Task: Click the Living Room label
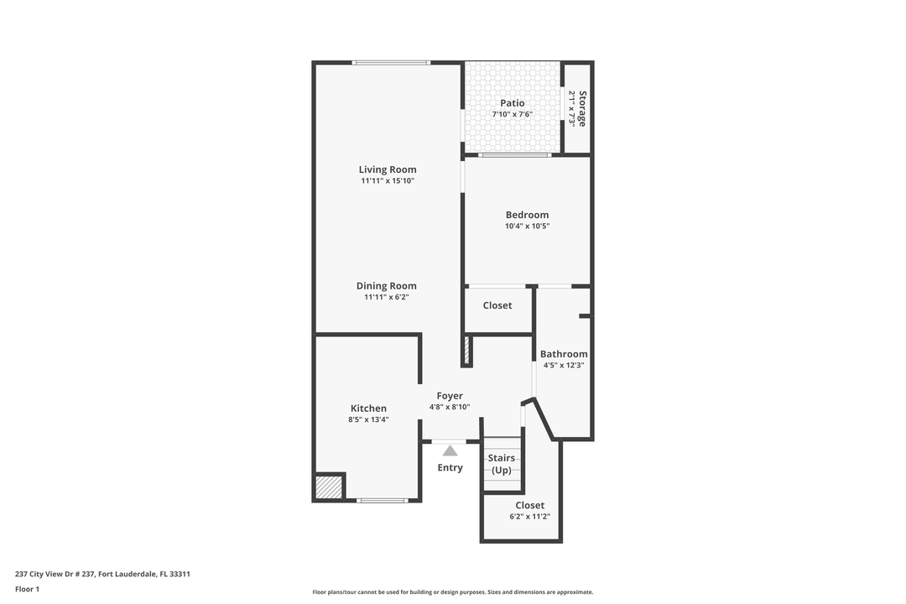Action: coord(387,169)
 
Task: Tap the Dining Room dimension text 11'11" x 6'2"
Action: coord(386,297)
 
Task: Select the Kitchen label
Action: coord(368,409)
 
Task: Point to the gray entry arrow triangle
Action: coord(450,450)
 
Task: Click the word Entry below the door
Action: coord(450,467)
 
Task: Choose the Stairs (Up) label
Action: coord(501,464)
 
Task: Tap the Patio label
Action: coord(512,103)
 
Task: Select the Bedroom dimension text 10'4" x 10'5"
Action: coord(527,226)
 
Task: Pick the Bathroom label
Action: coord(563,354)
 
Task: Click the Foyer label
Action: coord(450,396)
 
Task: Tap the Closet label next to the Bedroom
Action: coord(497,305)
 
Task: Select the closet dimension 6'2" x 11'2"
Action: coord(529,517)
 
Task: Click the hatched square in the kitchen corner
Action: coord(329,487)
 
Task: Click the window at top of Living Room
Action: coord(391,63)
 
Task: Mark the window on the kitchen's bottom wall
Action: coord(382,501)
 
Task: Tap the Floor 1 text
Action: coord(27,589)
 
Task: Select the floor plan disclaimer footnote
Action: coord(452,591)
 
